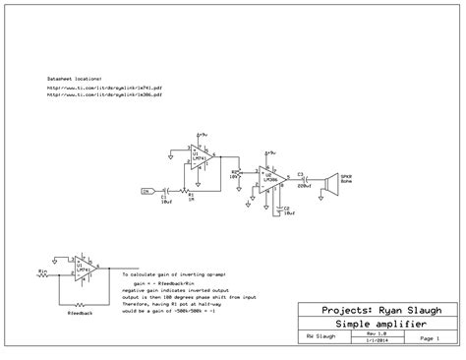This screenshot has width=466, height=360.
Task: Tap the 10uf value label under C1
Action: pyautogui.click(x=166, y=201)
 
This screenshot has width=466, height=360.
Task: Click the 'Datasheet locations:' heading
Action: pyautogui.click(x=74, y=76)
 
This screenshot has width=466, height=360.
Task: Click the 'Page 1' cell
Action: pyautogui.click(x=429, y=336)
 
